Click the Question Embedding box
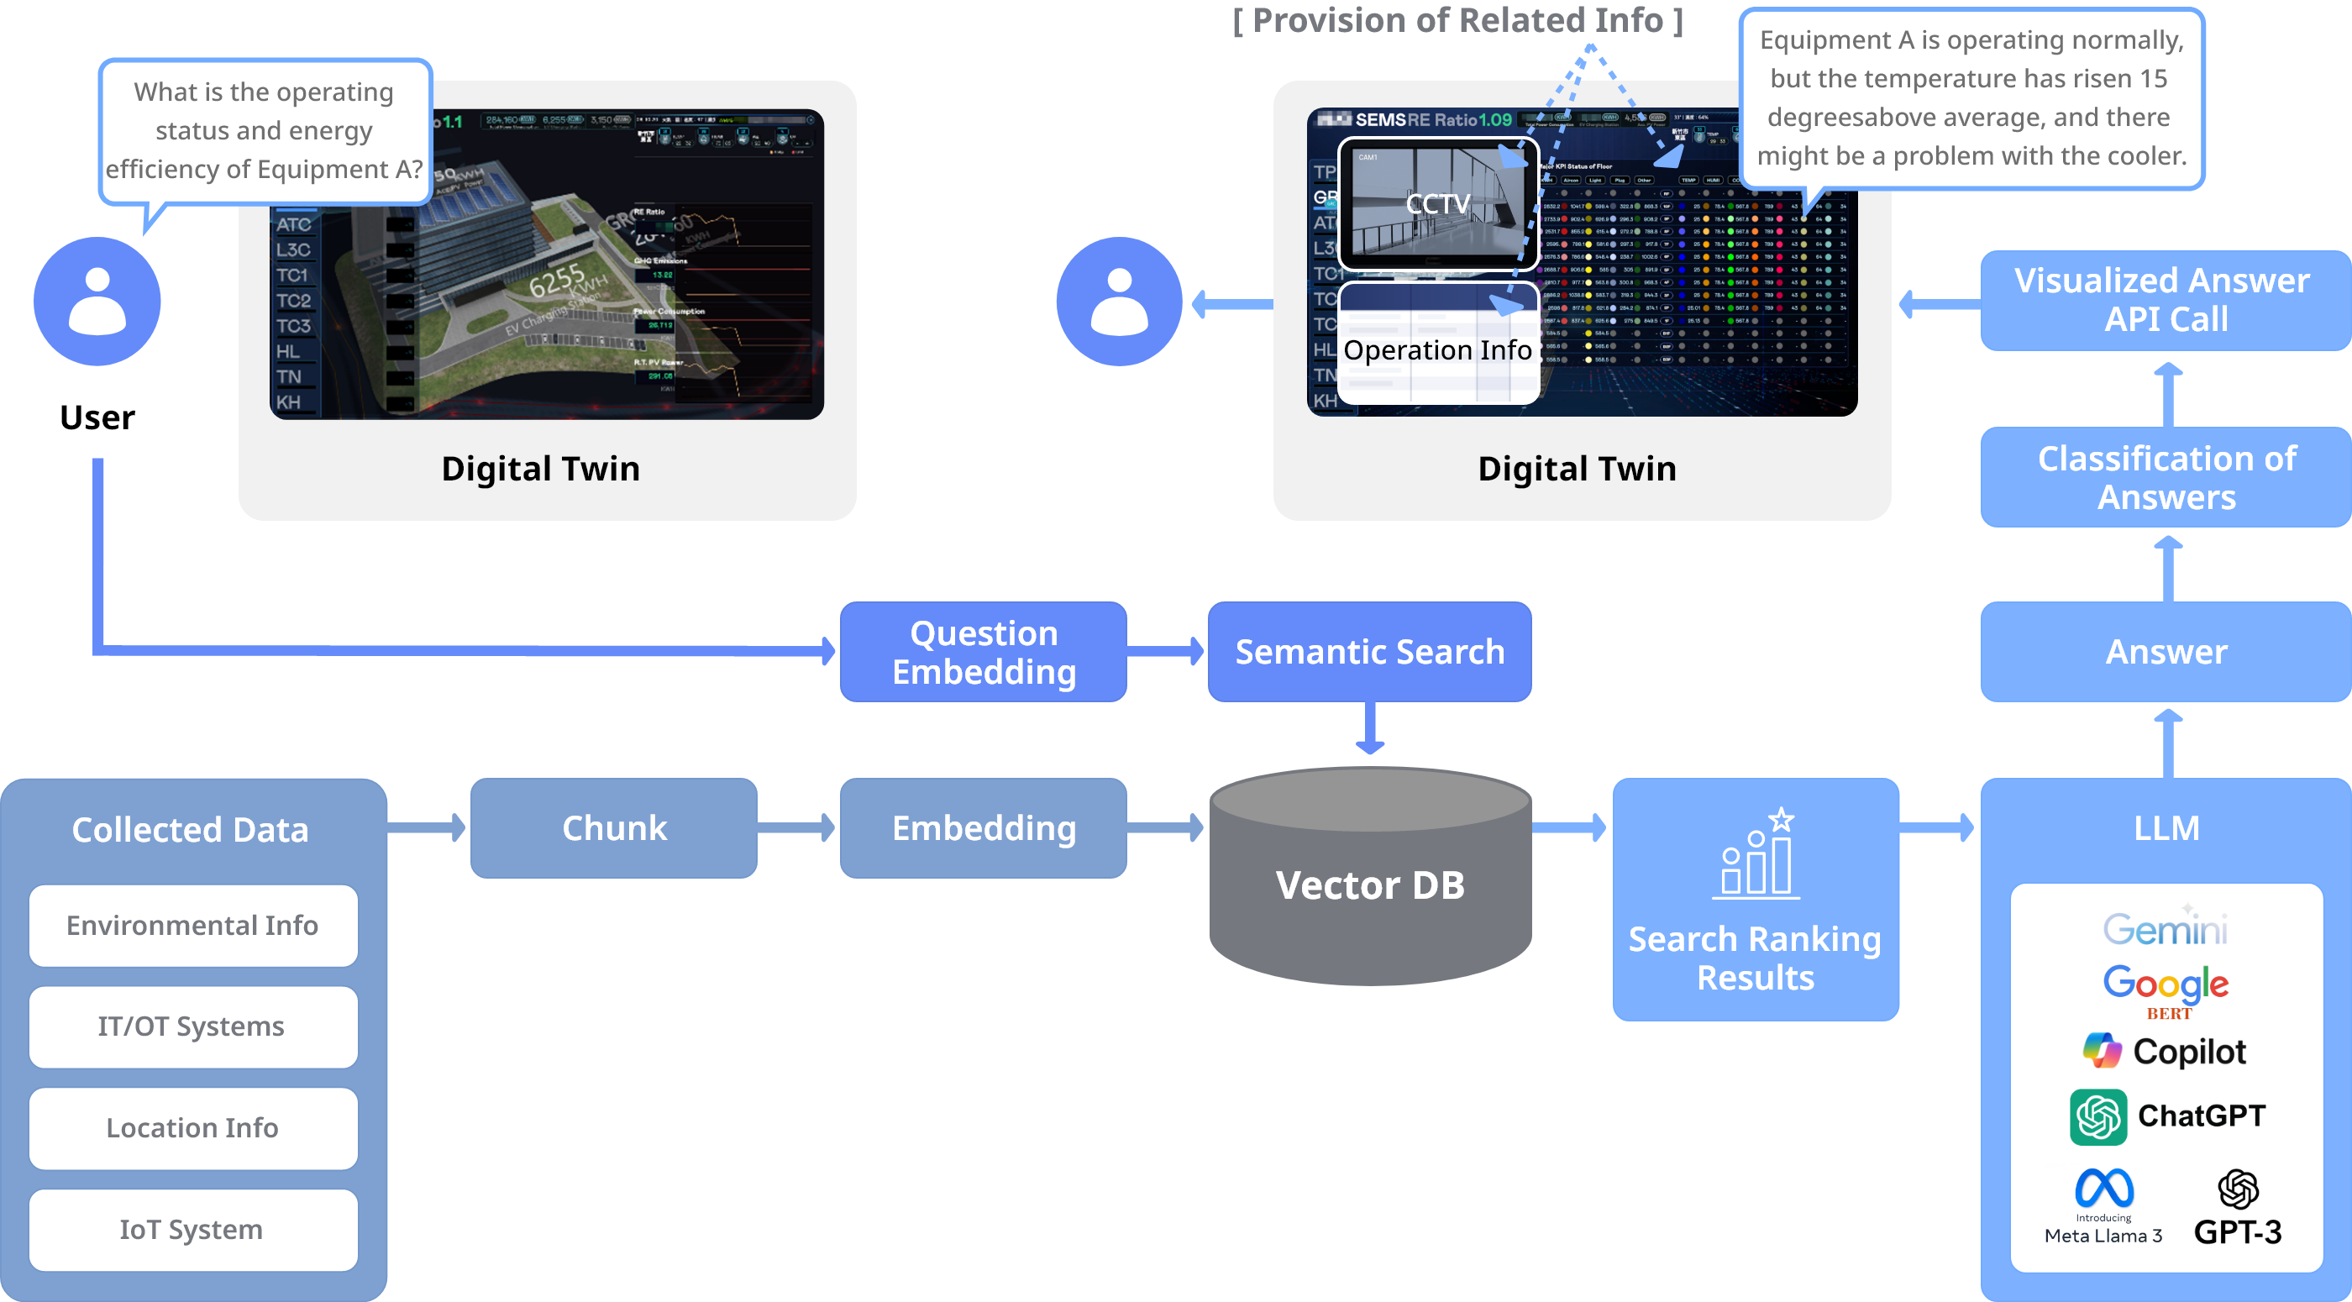(x=984, y=652)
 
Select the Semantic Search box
(x=1368, y=652)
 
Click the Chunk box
(x=613, y=828)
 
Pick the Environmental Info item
(x=192, y=926)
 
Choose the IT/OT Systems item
(x=192, y=1027)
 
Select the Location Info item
(x=192, y=1128)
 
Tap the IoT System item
(x=192, y=1230)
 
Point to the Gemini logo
(x=2165, y=928)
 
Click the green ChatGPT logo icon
(x=2098, y=1116)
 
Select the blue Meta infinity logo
(x=2103, y=1188)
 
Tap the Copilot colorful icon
(x=2102, y=1050)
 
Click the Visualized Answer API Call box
(x=2165, y=301)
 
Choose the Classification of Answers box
(x=2165, y=477)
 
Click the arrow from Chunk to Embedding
(x=797, y=828)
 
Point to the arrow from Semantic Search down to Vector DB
(x=1369, y=727)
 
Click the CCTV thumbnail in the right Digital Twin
(x=1438, y=203)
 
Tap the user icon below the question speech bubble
(x=97, y=302)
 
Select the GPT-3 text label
(x=2237, y=1232)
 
